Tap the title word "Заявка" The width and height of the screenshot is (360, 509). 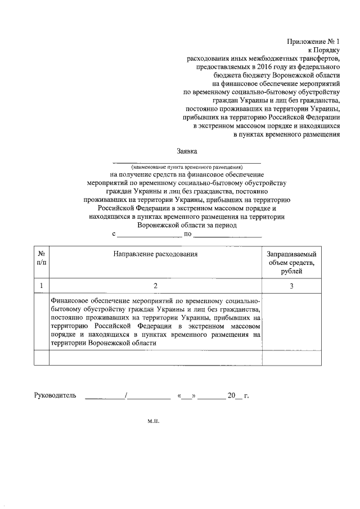point(187,151)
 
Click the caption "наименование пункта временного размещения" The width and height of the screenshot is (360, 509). point(187,167)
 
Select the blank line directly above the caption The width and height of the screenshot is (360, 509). point(187,162)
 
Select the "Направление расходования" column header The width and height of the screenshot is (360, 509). point(156,254)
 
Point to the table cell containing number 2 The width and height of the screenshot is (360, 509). point(156,286)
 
